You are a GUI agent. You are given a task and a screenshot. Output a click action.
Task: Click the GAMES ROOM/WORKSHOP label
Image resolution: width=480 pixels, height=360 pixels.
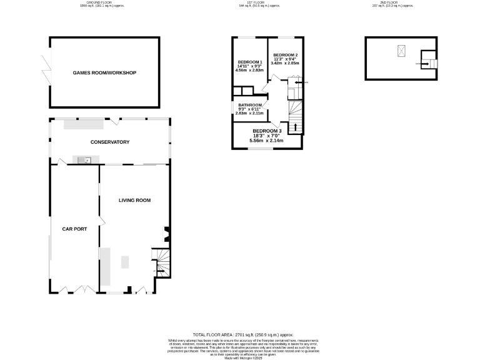click(x=104, y=73)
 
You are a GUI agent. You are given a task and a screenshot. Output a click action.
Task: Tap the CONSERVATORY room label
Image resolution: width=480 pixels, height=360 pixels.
click(x=109, y=142)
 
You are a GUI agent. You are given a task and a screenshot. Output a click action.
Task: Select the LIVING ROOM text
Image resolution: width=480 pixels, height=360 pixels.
click(x=135, y=200)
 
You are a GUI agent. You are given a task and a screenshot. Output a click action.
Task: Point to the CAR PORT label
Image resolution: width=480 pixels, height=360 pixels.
click(x=74, y=229)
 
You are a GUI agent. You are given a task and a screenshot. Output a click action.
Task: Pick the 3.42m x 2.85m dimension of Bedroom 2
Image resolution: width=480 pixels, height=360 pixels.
click(x=285, y=63)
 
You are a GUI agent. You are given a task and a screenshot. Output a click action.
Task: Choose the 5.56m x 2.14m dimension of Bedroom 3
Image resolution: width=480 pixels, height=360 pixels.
click(x=267, y=141)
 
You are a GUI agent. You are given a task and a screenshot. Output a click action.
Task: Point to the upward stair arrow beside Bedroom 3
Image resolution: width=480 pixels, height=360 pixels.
click(x=295, y=127)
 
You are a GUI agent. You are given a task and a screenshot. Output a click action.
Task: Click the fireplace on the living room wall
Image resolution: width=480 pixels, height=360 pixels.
click(x=166, y=233)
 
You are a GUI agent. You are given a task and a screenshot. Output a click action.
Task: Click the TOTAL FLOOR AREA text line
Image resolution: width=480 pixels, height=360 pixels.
click(x=242, y=335)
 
